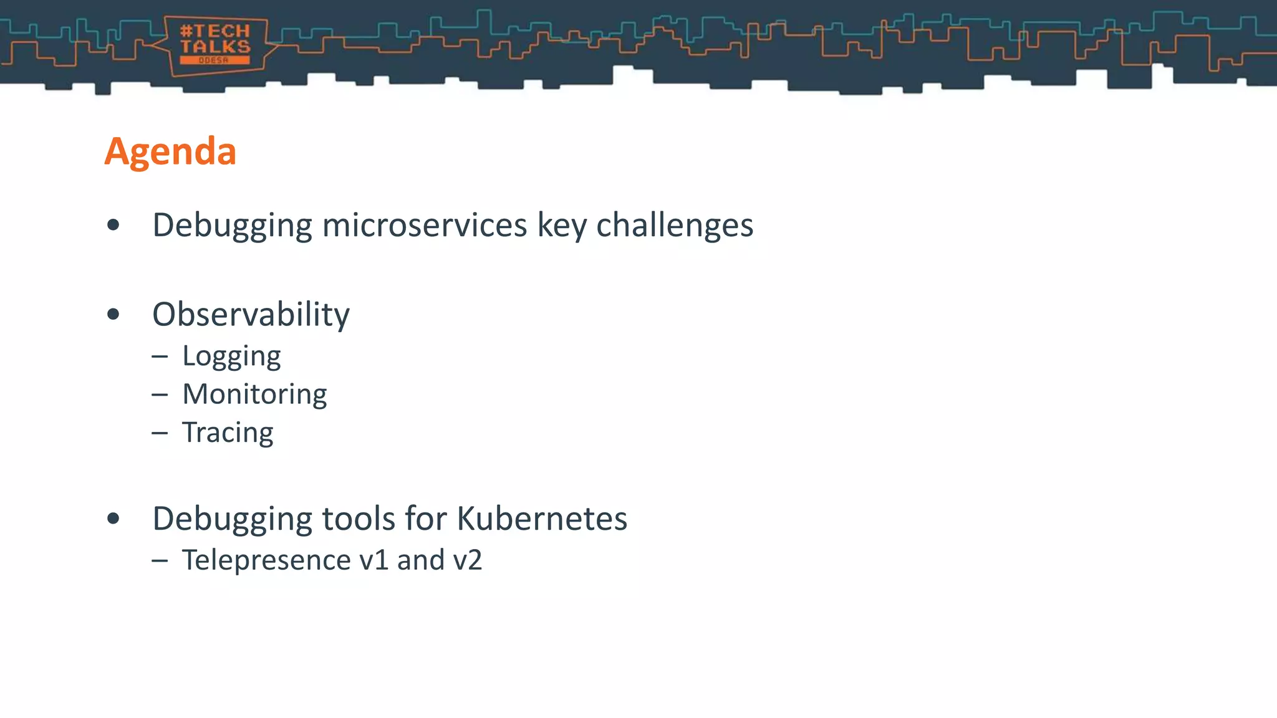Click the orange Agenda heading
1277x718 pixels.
click(x=170, y=151)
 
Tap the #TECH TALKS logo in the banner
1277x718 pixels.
click(x=215, y=45)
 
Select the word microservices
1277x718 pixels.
click(x=424, y=225)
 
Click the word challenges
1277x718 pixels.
click(x=675, y=225)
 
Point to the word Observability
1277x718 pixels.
click(x=251, y=314)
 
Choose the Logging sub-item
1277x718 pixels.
click(x=231, y=357)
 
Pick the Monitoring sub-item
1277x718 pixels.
click(x=254, y=394)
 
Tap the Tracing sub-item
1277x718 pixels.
click(x=228, y=433)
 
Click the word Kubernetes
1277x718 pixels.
click(x=542, y=519)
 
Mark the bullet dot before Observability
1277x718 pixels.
click(x=113, y=314)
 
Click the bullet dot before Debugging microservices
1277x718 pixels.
click(x=113, y=225)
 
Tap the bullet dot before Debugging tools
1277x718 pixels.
click(x=113, y=519)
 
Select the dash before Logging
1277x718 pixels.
click(x=160, y=357)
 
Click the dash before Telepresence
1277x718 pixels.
click(x=160, y=560)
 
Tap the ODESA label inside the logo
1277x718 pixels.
click(x=214, y=60)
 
